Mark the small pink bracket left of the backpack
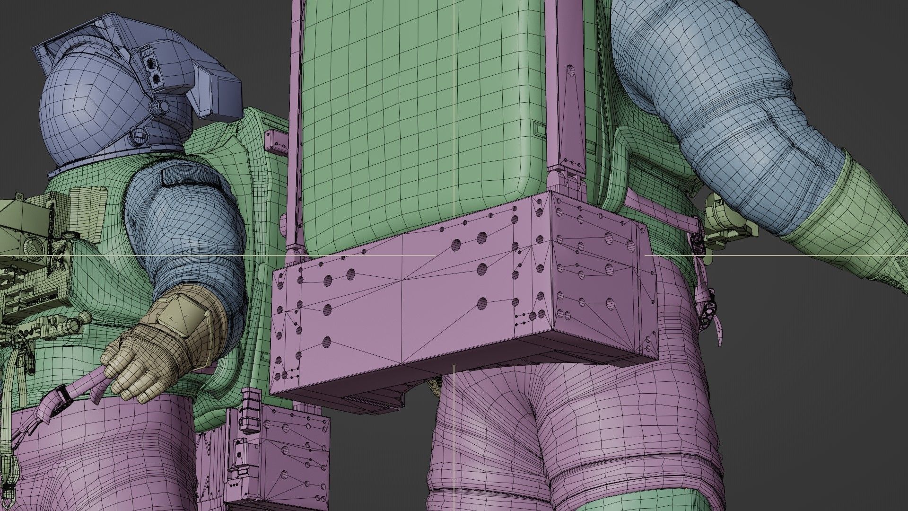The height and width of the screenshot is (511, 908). pos(276,140)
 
